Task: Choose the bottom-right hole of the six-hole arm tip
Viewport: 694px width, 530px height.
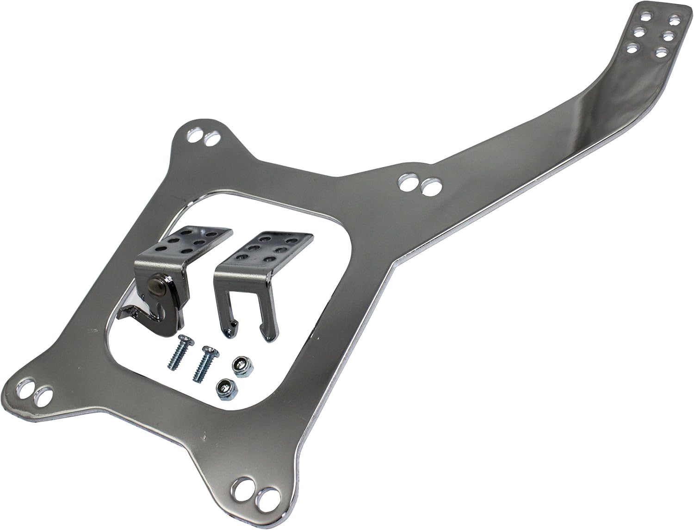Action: (x=662, y=52)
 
